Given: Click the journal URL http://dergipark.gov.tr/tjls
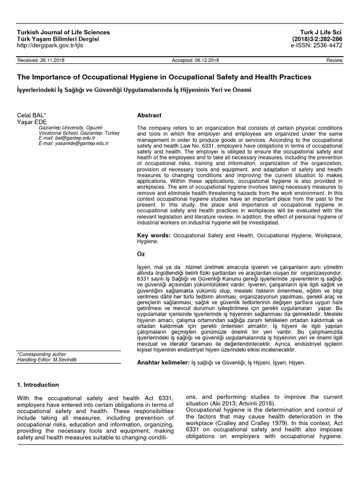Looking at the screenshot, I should coord(51,45).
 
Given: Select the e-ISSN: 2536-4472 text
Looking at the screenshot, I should coord(316,45).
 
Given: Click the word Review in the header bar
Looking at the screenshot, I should coord(335,61).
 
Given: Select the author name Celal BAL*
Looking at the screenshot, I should coord(31,115).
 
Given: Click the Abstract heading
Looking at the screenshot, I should coord(149,115).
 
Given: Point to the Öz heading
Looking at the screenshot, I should coord(141,253).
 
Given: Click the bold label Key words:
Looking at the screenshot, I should coord(154,234).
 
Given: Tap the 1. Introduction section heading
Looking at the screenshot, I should coord(38,385).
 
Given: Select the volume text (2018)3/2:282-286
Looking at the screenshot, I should coord(317,39).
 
